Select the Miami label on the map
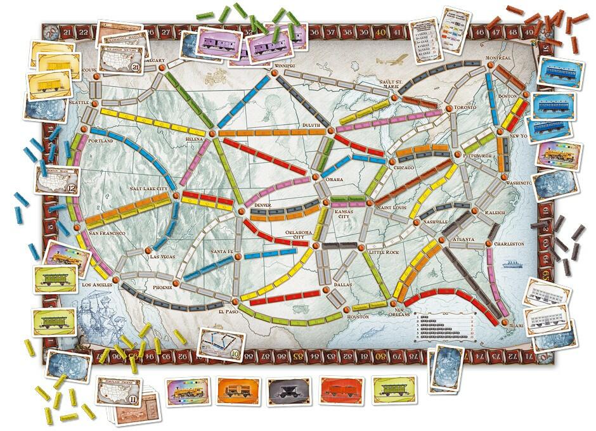click(518, 325)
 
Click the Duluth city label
click(313, 125)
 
